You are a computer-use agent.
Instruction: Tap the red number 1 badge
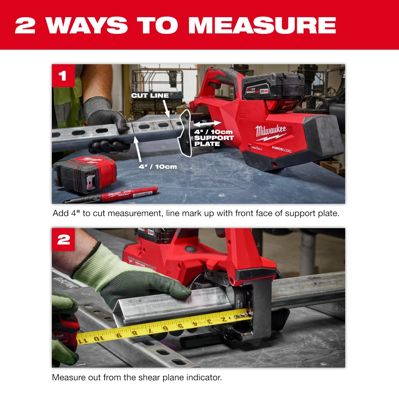pyautogui.click(x=63, y=75)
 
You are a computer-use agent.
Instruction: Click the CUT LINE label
pyautogui.click(x=150, y=96)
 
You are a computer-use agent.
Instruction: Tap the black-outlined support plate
pyautogui.click(x=184, y=134)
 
